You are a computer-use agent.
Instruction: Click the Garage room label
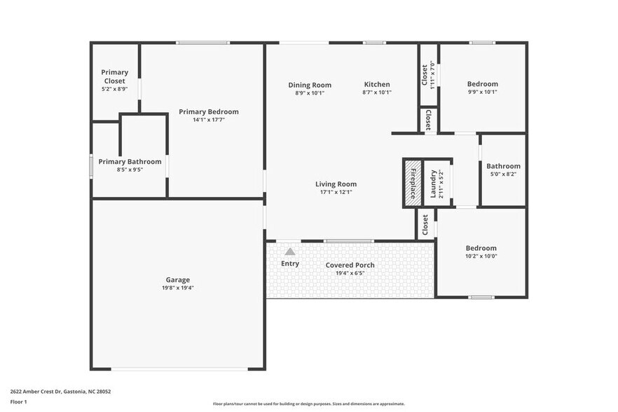tap(177, 280)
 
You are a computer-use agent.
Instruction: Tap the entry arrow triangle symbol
tap(290, 252)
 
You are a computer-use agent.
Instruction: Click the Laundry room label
tap(433, 182)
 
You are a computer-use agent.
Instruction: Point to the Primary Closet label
tap(114, 76)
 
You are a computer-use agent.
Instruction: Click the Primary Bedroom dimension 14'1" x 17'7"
tap(208, 120)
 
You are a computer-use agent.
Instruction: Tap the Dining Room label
tap(309, 85)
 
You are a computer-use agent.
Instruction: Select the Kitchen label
tap(376, 85)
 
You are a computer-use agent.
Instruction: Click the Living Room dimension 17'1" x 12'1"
tap(336, 192)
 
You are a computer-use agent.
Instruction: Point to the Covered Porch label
tap(350, 265)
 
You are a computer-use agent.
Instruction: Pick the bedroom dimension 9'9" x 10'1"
tap(482, 92)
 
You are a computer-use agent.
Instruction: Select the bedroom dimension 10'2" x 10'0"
tap(481, 256)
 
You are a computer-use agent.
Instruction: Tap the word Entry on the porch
tap(290, 263)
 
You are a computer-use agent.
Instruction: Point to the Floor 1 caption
tap(18, 402)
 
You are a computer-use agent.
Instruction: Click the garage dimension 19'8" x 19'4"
tap(177, 288)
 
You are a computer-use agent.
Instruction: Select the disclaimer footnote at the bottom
tap(308, 404)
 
